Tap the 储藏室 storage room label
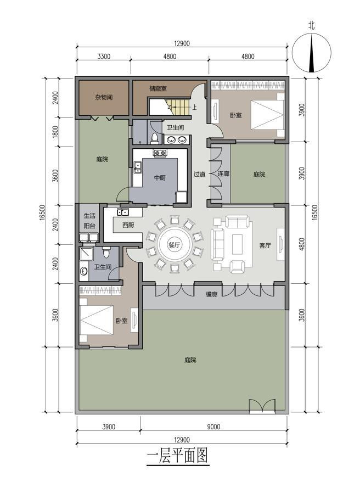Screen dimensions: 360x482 click(158, 88)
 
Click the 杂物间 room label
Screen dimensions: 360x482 click(104, 97)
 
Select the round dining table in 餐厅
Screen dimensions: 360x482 click(174, 245)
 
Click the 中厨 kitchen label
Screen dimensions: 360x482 click(160, 178)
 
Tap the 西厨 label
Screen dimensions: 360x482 click(128, 225)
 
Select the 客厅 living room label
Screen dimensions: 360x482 click(265, 245)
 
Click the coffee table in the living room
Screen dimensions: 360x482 click(238, 244)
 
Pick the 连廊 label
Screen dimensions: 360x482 click(223, 173)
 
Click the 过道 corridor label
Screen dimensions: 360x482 click(199, 174)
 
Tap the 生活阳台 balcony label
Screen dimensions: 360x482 click(89, 221)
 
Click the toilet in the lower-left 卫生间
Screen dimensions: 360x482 click(106, 252)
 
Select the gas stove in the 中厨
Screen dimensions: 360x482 click(160, 153)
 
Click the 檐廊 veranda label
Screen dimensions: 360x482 click(212, 294)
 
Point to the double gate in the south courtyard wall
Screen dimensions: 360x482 click(262, 406)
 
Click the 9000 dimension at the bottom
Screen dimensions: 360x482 click(213, 427)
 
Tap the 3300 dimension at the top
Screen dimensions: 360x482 click(104, 56)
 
